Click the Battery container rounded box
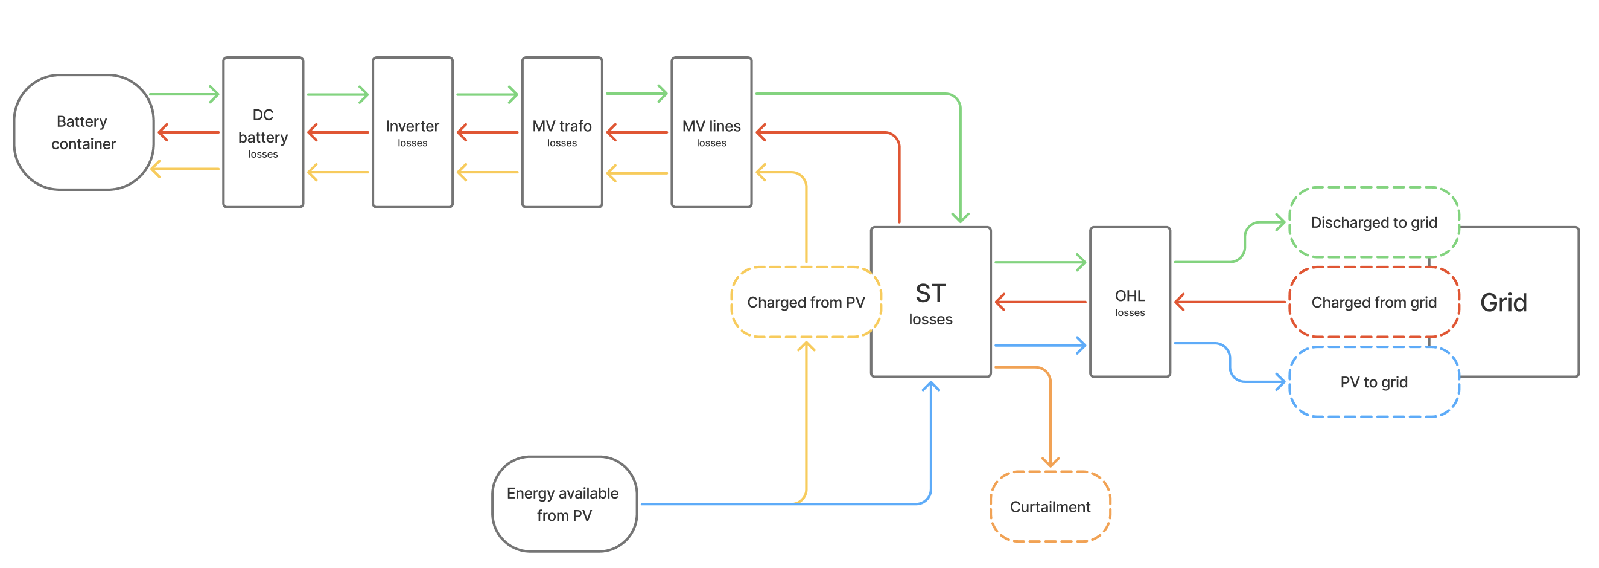83,132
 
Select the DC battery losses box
263,132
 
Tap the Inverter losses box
412,132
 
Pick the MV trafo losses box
562,132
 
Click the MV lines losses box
711,132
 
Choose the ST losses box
930,302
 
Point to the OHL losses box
1130,302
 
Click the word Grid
1503,303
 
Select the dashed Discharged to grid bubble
1374,222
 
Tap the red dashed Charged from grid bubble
1374,302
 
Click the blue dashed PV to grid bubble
1374,382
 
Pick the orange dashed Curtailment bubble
1050,507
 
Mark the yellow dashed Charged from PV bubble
806,302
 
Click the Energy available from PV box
564,504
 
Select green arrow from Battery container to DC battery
185,94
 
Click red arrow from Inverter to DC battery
338,132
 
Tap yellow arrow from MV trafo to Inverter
488,172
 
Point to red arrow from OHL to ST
1040,302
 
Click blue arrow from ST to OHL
1040,345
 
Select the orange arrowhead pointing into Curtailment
1051,461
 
